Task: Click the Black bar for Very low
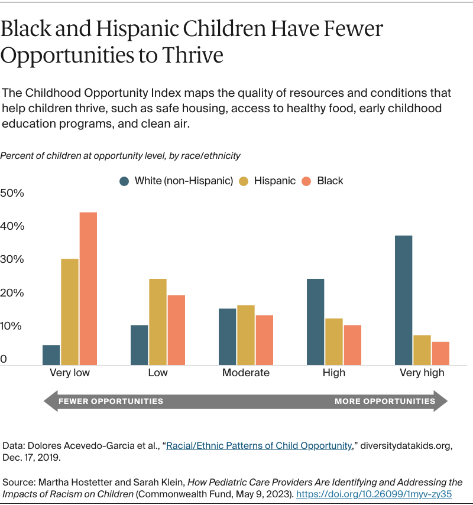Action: point(88,288)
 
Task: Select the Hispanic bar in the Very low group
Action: point(69,312)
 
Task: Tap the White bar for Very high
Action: point(403,300)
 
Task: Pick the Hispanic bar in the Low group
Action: point(158,322)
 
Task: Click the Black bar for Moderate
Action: point(264,340)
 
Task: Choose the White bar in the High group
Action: point(315,322)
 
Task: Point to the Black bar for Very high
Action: point(440,353)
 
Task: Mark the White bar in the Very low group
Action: point(51,355)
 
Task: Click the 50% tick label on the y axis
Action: point(12,193)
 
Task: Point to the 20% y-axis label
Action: point(12,293)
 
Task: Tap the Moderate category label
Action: point(246,373)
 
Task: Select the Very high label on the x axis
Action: point(422,373)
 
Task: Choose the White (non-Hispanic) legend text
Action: point(183,181)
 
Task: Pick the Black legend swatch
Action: point(307,181)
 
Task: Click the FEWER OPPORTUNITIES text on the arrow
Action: point(111,401)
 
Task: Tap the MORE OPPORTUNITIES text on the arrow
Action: point(384,401)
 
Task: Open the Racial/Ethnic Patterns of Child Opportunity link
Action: point(259,446)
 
